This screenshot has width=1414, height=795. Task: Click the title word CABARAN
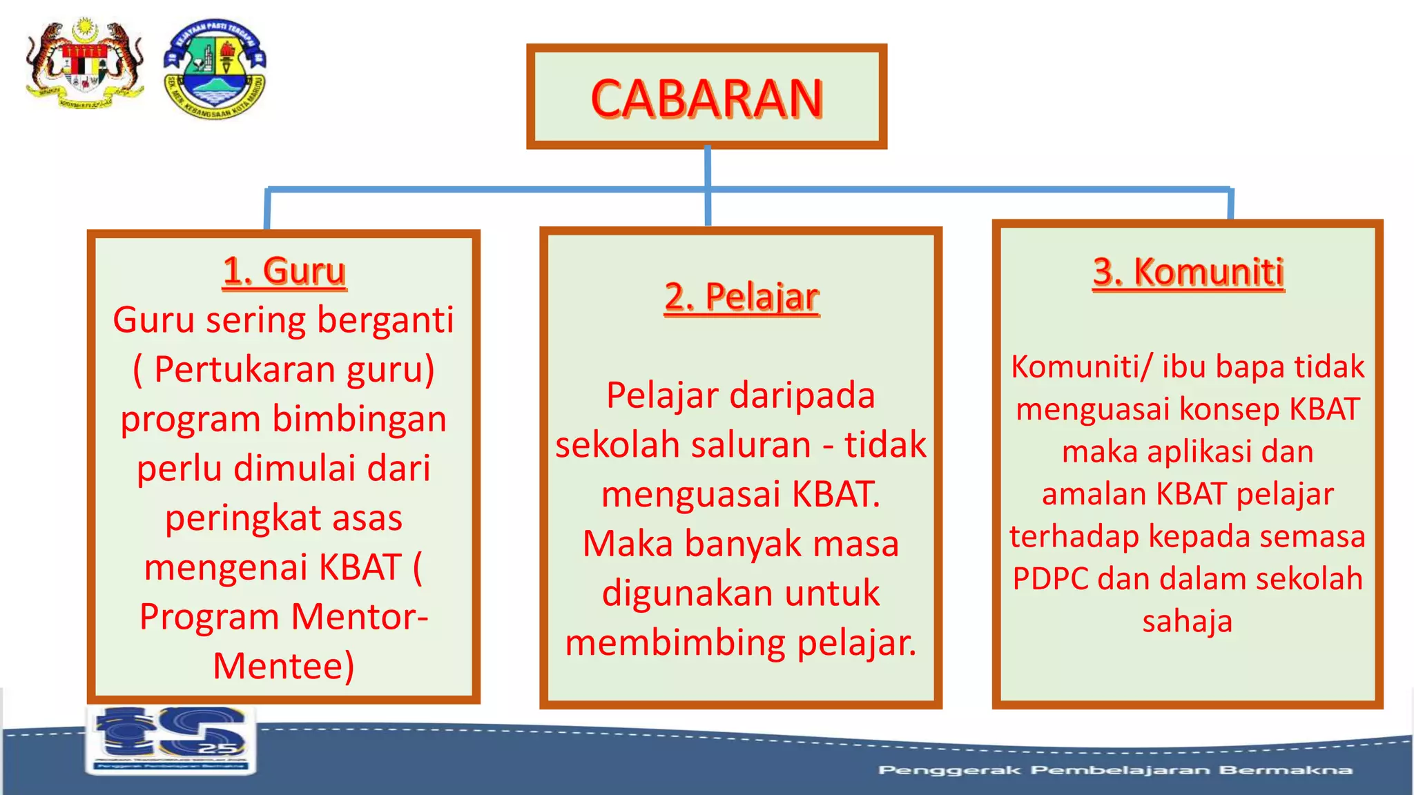tap(706, 99)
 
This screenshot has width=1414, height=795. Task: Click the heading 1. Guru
tap(284, 271)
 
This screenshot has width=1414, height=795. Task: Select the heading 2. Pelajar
tap(741, 297)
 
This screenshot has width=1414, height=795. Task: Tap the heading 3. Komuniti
tap(1188, 271)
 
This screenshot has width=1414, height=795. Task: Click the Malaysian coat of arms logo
tap(84, 64)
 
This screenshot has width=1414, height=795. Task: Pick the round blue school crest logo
tap(215, 68)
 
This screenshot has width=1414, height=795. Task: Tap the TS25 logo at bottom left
tap(171, 738)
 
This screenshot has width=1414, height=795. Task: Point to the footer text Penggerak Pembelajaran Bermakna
tap(1114, 770)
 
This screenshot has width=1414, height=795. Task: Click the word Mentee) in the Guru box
tap(283, 666)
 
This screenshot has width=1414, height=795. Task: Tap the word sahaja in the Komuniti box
tap(1187, 621)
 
